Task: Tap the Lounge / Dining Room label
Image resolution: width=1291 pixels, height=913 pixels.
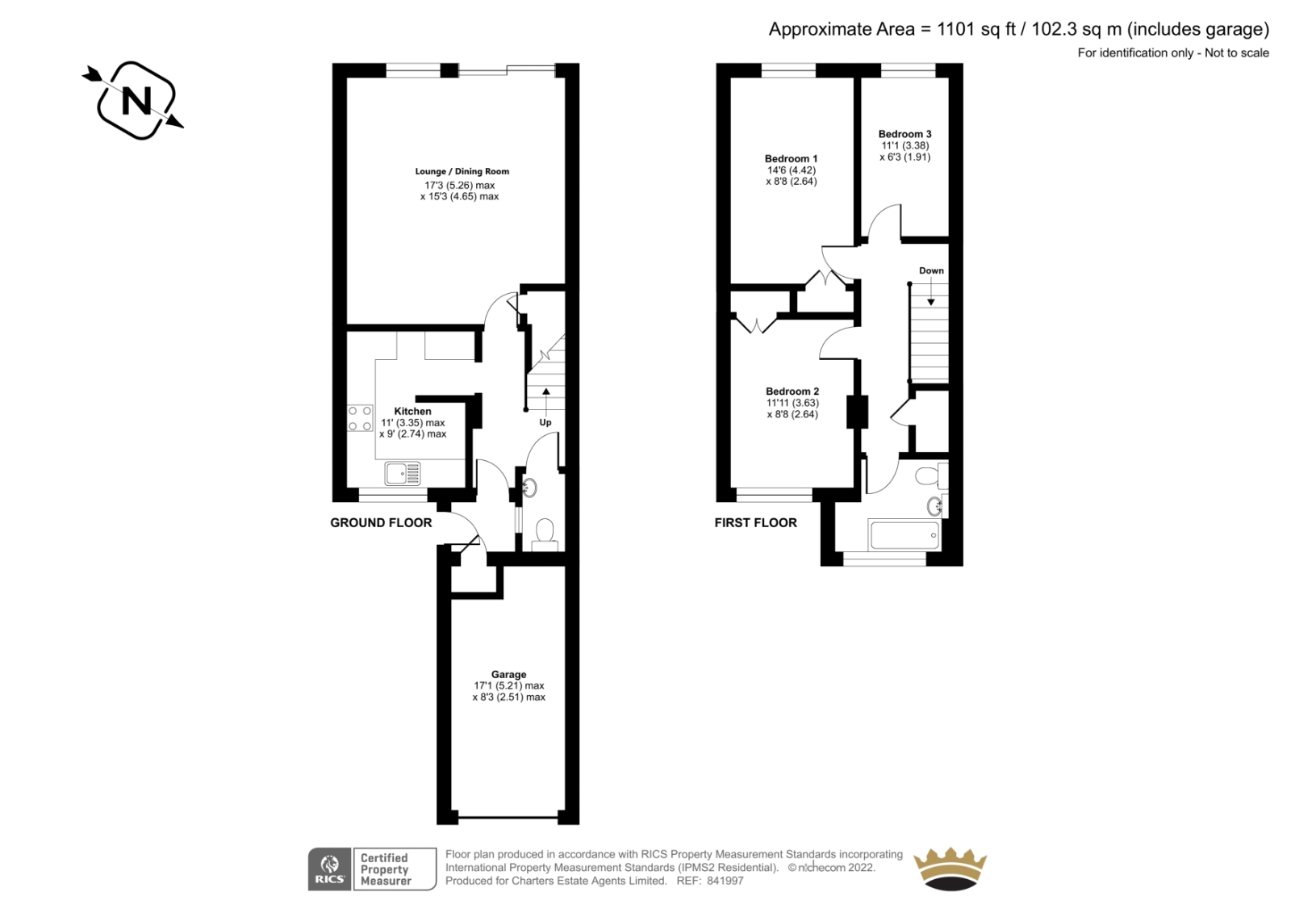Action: [462, 171]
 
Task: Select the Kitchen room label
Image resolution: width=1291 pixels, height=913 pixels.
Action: [412, 411]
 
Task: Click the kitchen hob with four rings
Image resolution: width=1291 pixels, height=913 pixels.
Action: [360, 418]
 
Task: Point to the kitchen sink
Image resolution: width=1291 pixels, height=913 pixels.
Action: [403, 474]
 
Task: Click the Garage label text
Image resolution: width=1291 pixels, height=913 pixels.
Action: [508, 674]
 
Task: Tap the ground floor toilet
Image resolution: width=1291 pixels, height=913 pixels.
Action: [545, 534]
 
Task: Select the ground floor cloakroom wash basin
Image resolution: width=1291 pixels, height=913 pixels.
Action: [529, 488]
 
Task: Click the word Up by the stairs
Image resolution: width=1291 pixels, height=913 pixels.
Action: [545, 422]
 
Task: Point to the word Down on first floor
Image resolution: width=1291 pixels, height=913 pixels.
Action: [931, 270]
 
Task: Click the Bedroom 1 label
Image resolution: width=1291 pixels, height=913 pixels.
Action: [791, 158]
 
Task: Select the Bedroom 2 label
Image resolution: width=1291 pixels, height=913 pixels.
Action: [792, 392]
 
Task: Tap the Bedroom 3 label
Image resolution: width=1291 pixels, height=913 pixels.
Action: [905, 134]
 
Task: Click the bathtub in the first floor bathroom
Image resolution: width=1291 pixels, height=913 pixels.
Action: [905, 535]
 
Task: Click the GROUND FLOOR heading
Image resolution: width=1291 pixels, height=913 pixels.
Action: [380, 522]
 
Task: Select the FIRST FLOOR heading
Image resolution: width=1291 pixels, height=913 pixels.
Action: [755, 522]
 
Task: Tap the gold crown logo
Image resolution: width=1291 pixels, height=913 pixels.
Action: [950, 869]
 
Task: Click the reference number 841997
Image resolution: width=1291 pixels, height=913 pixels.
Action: [725, 881]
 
